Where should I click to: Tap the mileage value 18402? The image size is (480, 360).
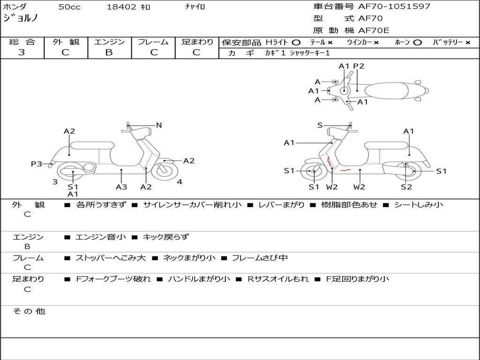click(x=121, y=7)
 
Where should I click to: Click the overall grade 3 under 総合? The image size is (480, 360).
click(x=22, y=52)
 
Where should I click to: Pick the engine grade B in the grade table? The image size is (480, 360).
click(x=109, y=52)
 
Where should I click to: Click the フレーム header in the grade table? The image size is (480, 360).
click(x=153, y=42)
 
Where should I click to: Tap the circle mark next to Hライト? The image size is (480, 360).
click(x=296, y=43)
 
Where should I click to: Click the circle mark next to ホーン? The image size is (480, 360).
click(x=417, y=43)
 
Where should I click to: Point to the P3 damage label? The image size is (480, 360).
click(x=36, y=164)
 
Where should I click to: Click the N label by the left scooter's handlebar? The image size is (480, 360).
click(x=159, y=125)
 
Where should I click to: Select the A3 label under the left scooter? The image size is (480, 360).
click(x=121, y=187)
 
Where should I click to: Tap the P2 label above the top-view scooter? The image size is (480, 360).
click(x=359, y=66)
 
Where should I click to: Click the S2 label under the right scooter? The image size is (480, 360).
click(x=406, y=187)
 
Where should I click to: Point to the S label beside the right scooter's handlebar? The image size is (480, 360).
click(x=320, y=125)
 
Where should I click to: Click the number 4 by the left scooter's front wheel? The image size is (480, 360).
click(x=180, y=182)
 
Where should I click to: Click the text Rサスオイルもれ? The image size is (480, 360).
click(x=278, y=279)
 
